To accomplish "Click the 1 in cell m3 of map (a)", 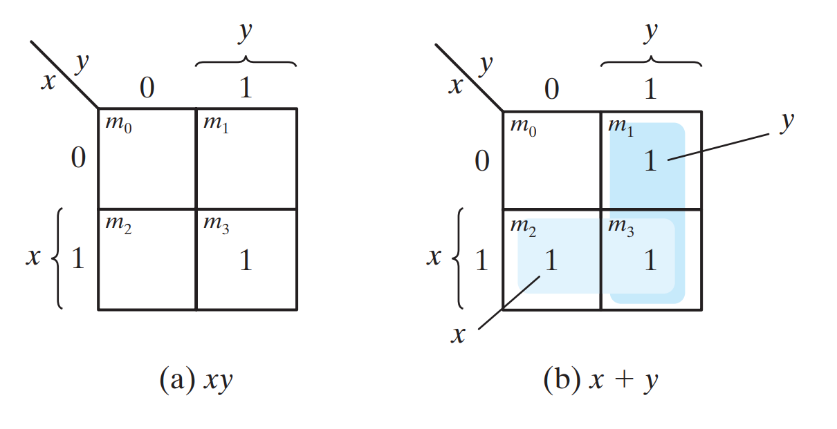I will click(246, 260).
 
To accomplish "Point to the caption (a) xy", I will click(196, 380).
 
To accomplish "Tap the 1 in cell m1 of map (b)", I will click(650, 161).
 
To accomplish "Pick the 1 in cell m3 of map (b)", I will click(650, 260).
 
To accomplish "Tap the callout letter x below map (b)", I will click(457, 335).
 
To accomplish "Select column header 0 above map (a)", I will click(147, 88).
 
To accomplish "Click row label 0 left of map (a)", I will click(78, 159).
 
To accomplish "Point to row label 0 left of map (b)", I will click(481, 160).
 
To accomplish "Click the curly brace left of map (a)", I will click(57, 258).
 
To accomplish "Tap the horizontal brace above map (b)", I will click(651, 62).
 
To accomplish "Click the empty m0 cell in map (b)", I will click(551, 166).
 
